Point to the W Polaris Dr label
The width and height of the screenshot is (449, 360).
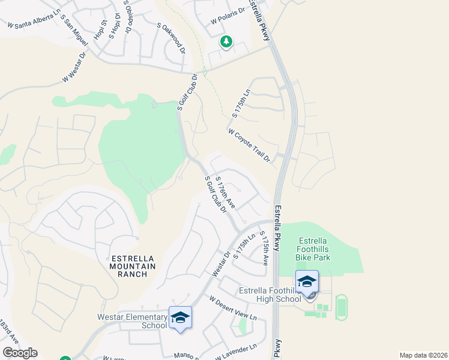[229, 16]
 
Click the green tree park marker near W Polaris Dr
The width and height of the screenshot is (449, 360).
[226, 42]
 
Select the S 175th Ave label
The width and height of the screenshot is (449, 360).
[263, 247]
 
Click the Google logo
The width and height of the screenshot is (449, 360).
[20, 353]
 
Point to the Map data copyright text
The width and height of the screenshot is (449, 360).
[424, 355]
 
